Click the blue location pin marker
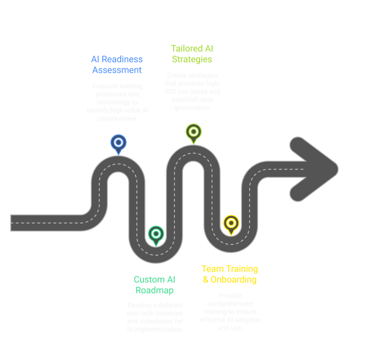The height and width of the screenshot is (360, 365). pos(118,143)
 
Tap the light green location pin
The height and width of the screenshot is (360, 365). pos(193,132)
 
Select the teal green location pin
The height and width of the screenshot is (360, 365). pos(155,234)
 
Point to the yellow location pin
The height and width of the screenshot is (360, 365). pos(231,223)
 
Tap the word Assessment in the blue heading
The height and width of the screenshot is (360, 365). pos(116,70)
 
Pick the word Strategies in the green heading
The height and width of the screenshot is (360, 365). pos(192,59)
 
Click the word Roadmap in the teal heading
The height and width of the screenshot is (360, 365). pos(154,290)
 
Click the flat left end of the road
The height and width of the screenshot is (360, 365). pos(12,223)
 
